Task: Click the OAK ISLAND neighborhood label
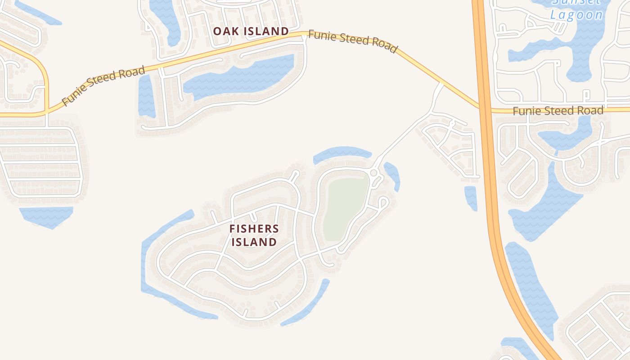pyautogui.click(x=251, y=31)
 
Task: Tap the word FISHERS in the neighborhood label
pyautogui.click(x=254, y=229)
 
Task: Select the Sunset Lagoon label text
pyautogui.click(x=576, y=9)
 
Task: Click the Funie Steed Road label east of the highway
pyautogui.click(x=558, y=110)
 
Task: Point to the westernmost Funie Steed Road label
pyautogui.click(x=103, y=85)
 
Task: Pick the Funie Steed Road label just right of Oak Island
pyautogui.click(x=353, y=41)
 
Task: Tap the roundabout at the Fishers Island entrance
pyautogui.click(x=373, y=173)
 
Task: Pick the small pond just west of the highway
pyautogui.click(x=471, y=198)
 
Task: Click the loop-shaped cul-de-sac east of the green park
pyautogui.click(x=383, y=201)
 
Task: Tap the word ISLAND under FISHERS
pyautogui.click(x=254, y=242)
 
